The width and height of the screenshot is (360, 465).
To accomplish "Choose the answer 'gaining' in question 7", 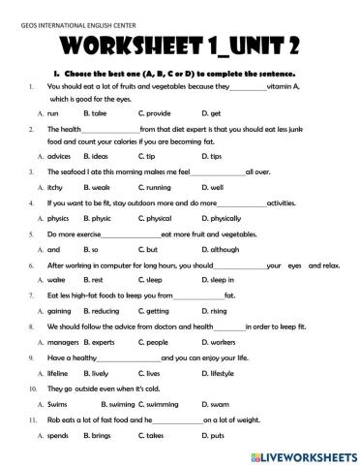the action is [59, 310].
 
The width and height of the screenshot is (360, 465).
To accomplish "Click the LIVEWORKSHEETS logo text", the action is [301, 453].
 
